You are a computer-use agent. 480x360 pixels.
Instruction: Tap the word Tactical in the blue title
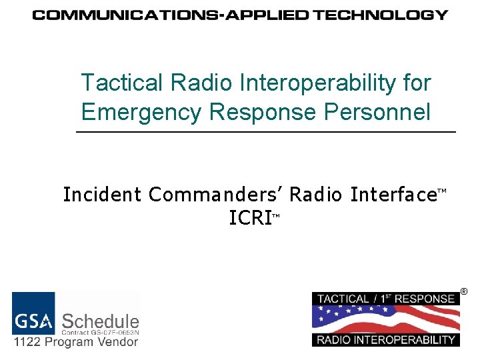[x=122, y=83]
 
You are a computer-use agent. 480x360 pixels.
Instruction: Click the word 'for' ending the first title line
[x=417, y=83]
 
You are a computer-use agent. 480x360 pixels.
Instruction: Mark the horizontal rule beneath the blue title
[x=267, y=133]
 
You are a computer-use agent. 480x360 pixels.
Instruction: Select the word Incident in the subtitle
[x=102, y=195]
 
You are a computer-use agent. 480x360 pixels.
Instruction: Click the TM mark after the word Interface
[x=441, y=191]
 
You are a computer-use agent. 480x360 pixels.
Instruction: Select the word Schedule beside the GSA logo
[x=101, y=321]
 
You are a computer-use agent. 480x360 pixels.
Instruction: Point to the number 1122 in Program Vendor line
[x=29, y=341]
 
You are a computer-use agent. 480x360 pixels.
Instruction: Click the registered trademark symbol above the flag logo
[x=464, y=291]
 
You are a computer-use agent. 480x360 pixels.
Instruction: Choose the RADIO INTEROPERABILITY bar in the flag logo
[x=385, y=339]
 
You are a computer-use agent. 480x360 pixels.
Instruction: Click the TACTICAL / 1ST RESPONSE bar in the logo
[x=385, y=299]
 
